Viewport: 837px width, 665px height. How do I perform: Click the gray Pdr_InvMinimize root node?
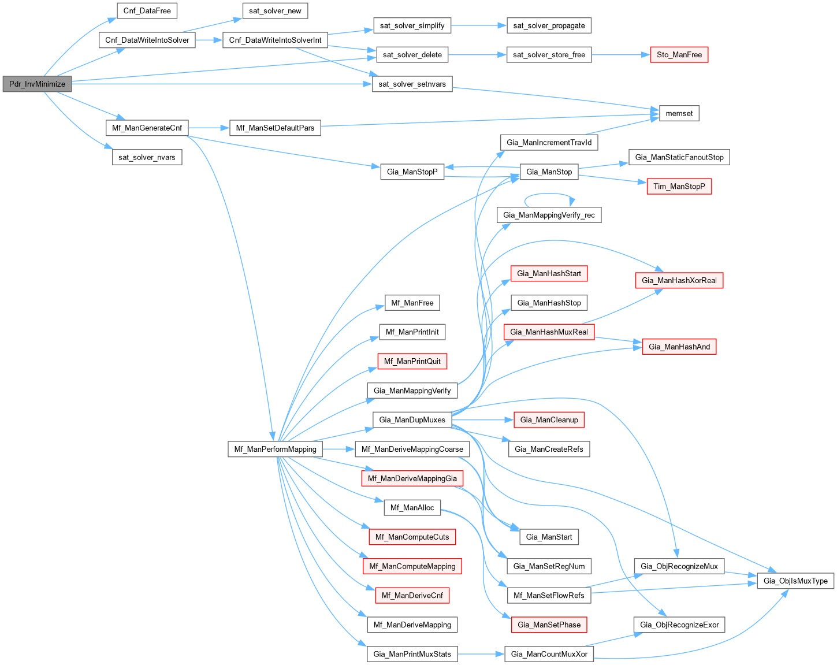click(x=38, y=84)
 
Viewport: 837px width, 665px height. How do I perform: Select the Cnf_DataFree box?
click(x=147, y=11)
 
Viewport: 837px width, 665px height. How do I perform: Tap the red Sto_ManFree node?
click(x=679, y=55)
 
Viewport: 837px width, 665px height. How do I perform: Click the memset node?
click(x=679, y=113)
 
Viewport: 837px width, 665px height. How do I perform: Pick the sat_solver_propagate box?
click(x=549, y=25)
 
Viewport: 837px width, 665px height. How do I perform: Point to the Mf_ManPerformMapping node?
click(x=276, y=449)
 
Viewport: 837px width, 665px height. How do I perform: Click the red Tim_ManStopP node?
click(x=679, y=186)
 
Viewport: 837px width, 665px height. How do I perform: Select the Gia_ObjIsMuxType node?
click(x=795, y=581)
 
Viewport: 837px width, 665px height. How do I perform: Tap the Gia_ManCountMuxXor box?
click(x=549, y=654)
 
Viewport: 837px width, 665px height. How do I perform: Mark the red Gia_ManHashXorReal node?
click(x=679, y=280)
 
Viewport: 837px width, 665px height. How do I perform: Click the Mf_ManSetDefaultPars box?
click(x=276, y=128)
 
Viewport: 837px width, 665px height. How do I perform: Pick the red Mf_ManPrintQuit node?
click(x=412, y=361)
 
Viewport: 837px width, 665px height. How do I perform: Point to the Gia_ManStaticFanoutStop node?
click(x=679, y=157)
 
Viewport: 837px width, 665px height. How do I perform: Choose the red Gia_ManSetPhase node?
click(x=549, y=625)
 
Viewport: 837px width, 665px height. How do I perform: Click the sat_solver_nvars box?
click(x=147, y=157)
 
